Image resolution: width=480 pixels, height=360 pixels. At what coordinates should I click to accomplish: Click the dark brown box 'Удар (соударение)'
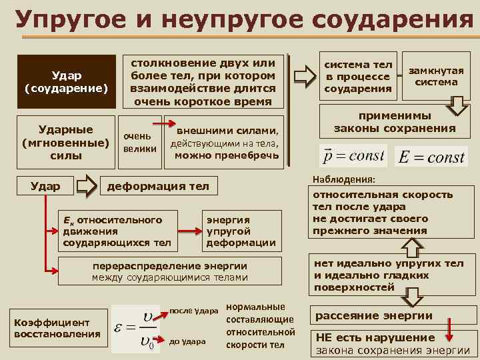[65, 81]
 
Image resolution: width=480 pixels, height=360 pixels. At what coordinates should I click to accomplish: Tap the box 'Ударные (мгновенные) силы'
[65, 142]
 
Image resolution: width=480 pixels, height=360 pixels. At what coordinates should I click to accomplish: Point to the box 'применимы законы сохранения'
[395, 121]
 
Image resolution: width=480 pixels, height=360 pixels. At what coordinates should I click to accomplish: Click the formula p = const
[353, 156]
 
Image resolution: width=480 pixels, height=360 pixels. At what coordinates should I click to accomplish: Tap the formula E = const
[431, 157]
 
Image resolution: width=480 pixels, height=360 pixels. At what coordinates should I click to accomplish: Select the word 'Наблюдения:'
[343, 180]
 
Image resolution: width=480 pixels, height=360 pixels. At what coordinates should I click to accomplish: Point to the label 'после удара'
[195, 311]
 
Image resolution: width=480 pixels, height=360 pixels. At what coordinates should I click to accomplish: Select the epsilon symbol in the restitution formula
[121, 328]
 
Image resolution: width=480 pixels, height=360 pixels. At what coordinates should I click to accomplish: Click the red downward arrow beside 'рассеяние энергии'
[450, 328]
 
